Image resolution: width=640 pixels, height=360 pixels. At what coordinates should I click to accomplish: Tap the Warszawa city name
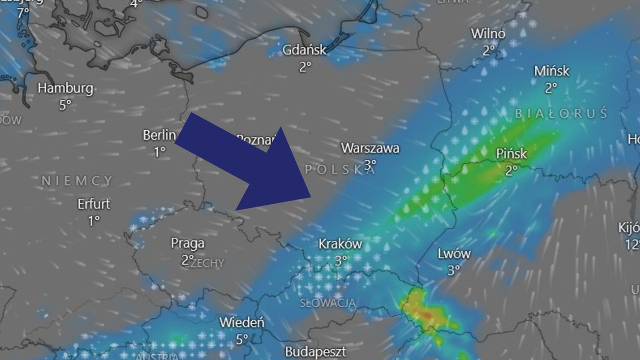[370, 148]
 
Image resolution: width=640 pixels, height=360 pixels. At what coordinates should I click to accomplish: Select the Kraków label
[340, 244]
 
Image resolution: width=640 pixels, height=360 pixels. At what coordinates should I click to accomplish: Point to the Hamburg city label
[66, 88]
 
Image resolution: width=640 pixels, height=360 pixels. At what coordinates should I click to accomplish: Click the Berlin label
[159, 135]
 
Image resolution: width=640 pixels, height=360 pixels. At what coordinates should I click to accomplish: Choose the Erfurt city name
[94, 204]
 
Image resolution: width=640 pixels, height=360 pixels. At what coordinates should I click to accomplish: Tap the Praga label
[187, 244]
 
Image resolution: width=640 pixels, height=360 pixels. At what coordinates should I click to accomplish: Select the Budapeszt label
[315, 352]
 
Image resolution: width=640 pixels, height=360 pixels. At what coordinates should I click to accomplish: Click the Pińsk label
[511, 154]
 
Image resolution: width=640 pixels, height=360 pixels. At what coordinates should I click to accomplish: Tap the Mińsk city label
[551, 71]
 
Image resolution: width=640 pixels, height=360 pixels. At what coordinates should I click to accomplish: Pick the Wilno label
[488, 34]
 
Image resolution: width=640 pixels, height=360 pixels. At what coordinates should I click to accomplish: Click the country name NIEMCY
[77, 181]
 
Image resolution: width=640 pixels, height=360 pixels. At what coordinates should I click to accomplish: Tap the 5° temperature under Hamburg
[65, 105]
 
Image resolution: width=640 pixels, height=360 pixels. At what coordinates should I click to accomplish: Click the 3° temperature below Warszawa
[370, 164]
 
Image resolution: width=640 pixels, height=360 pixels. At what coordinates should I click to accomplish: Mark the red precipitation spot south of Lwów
[427, 316]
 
